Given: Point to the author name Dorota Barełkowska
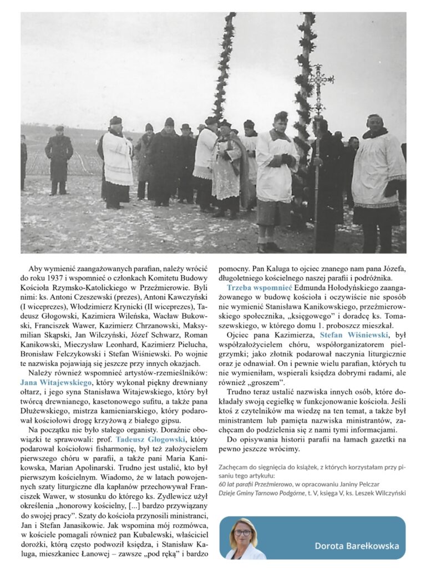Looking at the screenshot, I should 357,545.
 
